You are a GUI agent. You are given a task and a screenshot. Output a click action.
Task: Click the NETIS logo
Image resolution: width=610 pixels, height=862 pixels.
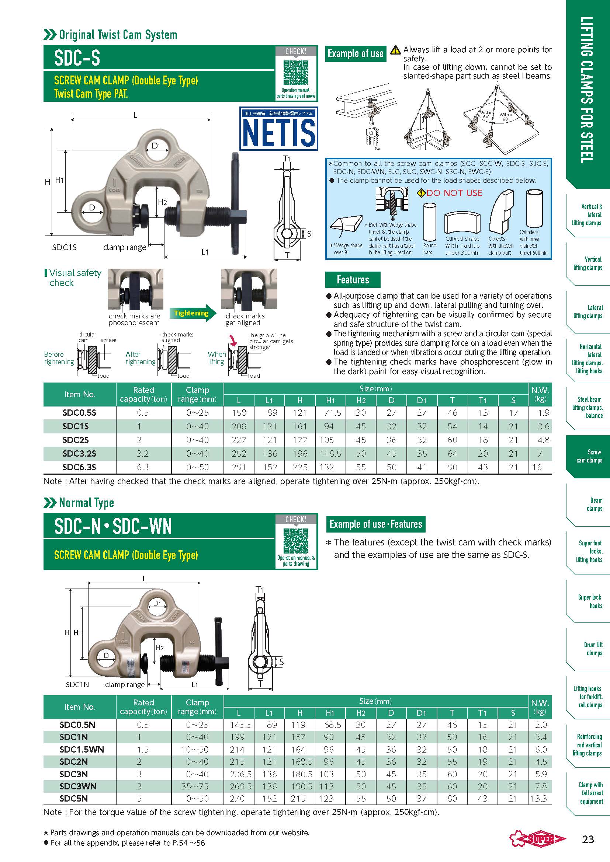click(x=279, y=129)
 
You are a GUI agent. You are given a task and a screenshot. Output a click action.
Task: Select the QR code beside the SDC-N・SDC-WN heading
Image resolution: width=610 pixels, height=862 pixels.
click(x=296, y=541)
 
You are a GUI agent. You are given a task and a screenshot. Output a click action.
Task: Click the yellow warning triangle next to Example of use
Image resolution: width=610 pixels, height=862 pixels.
click(x=395, y=50)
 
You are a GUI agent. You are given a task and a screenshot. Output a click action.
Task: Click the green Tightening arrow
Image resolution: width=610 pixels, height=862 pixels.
click(x=192, y=313)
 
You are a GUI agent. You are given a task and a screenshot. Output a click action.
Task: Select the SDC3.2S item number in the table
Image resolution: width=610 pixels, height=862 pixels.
click(x=79, y=454)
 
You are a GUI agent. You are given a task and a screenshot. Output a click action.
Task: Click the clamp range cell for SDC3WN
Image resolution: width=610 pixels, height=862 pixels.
click(x=197, y=786)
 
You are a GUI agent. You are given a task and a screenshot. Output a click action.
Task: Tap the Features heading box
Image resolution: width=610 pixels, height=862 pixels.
click(x=353, y=280)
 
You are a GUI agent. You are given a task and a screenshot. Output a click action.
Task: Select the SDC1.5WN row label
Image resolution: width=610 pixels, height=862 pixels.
click(x=82, y=749)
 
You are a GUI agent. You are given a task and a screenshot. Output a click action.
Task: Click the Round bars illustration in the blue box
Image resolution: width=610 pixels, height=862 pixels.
click(x=429, y=222)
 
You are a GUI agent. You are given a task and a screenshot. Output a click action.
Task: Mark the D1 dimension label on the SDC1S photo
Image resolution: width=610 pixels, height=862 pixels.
click(x=156, y=146)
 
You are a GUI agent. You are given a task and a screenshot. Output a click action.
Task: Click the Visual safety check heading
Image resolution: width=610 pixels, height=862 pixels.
click(x=74, y=278)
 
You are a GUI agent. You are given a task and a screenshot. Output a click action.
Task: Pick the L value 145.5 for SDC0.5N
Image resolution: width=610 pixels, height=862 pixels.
click(x=240, y=725)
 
